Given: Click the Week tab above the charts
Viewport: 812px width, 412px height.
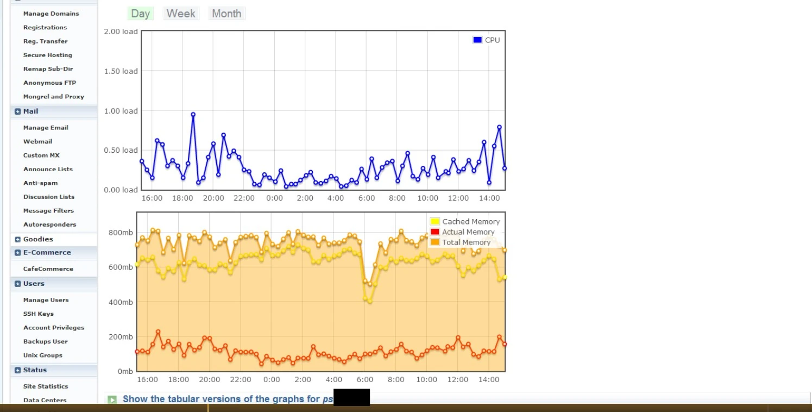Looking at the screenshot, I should coord(181,14).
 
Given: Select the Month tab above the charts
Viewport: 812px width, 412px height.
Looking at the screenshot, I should coord(226,14).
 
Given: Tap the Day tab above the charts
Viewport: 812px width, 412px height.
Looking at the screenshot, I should coord(140,14).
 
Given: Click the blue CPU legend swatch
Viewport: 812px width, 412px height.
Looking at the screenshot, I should coord(477,40).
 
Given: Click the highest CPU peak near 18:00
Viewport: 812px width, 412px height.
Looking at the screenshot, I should coord(193,115).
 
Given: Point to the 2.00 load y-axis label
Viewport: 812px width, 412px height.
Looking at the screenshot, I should coord(121,32).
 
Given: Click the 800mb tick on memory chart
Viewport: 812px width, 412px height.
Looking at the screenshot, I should coord(121,233).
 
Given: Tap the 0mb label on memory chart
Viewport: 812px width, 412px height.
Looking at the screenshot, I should coord(125,372).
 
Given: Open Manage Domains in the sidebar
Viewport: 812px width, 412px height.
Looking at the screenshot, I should coord(51,14).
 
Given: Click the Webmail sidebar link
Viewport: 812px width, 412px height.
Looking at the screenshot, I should coord(37,141).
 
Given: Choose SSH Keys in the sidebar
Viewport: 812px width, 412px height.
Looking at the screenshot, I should coord(38,314).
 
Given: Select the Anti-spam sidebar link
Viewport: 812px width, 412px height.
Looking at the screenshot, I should coord(40,183).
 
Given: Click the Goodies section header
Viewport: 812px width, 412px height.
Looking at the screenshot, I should coord(38,239).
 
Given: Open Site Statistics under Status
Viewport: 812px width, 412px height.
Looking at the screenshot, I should coord(46,386).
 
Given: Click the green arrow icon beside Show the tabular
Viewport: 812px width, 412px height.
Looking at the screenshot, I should coord(112,399).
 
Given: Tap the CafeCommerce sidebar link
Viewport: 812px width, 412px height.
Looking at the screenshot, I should coord(48,269).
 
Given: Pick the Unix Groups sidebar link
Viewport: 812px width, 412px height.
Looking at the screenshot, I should coord(42,355).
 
